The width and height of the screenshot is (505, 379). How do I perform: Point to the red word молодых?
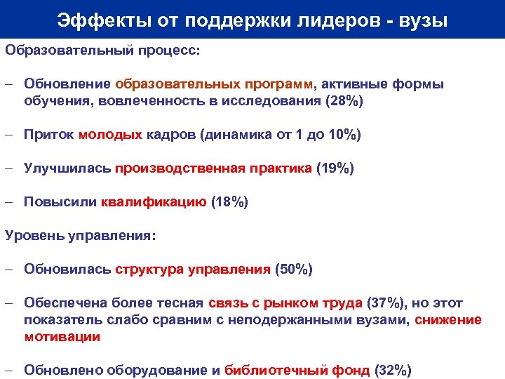[111, 135]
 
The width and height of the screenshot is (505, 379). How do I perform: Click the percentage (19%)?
[335, 168]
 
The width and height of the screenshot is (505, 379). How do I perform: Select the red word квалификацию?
[154, 202]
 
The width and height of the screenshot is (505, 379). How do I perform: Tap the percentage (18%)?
[229, 202]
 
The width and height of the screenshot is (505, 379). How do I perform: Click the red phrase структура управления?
[193, 270]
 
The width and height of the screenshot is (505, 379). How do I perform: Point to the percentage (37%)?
[386, 303]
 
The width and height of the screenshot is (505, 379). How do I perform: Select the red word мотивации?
[62, 337]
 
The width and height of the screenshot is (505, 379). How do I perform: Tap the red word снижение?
[448, 320]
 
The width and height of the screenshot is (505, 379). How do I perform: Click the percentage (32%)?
[393, 371]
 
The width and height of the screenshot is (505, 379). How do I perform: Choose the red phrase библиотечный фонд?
[299, 371]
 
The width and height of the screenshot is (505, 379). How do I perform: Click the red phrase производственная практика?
[214, 168]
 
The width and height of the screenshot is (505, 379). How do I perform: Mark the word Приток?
[49, 135]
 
